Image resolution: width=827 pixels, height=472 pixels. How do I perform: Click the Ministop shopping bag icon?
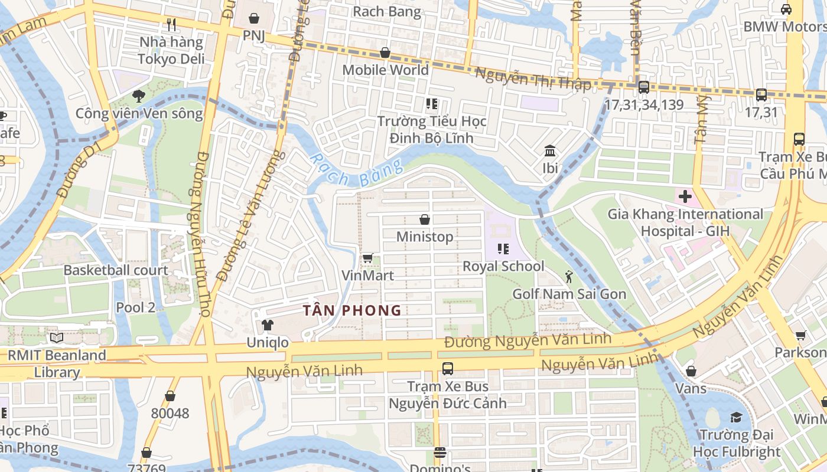424,220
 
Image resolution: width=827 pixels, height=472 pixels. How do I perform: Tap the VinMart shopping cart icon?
367,258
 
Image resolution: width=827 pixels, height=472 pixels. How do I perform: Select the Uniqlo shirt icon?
268,325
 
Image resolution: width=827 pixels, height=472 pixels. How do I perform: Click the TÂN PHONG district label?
352,310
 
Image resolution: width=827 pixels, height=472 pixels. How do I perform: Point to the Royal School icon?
503,249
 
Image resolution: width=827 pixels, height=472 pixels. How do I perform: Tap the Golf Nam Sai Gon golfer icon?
569,277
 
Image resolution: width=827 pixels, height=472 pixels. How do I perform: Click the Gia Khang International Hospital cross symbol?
685,196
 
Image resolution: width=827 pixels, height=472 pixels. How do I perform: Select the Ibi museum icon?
550,151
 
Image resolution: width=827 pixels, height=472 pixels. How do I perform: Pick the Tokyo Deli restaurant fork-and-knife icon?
171,25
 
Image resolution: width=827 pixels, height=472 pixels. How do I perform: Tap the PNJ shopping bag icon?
254,18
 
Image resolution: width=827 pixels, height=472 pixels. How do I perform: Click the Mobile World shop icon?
385,53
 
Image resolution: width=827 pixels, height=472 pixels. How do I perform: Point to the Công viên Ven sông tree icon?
139,96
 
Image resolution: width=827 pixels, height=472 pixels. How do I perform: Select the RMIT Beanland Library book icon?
57,338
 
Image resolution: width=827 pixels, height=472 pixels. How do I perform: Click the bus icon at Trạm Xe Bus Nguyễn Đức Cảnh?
448,369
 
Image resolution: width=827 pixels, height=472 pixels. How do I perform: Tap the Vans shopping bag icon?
691,371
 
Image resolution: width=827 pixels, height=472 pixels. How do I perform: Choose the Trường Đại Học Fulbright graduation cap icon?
736,418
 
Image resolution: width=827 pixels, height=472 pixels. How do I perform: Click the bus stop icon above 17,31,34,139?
644,87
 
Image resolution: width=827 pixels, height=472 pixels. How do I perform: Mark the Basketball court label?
116,270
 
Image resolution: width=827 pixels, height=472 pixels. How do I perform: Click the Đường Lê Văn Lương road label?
249,215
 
